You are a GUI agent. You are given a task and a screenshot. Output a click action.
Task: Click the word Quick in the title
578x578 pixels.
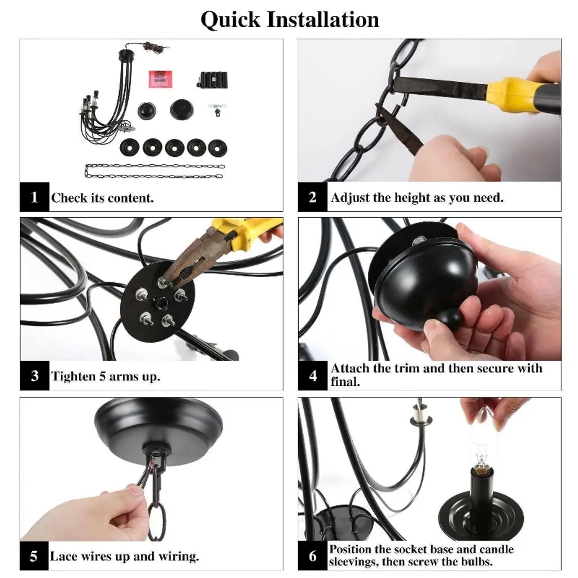(230, 20)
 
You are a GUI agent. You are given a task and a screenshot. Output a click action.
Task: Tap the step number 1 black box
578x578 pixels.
(34, 197)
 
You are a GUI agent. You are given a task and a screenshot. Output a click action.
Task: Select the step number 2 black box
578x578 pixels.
(313, 197)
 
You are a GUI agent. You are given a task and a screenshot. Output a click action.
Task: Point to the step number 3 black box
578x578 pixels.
(34, 375)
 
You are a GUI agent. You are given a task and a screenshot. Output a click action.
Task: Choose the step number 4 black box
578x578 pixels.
(313, 375)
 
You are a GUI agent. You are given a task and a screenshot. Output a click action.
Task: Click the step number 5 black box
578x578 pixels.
(34, 556)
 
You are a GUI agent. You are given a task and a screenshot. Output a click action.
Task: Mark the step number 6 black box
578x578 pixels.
(313, 556)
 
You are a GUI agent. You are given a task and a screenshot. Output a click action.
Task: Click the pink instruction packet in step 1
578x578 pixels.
(160, 79)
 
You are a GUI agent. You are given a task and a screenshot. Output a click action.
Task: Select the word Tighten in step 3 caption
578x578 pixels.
(73, 376)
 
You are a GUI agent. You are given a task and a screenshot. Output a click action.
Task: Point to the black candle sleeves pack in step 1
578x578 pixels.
(213, 79)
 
